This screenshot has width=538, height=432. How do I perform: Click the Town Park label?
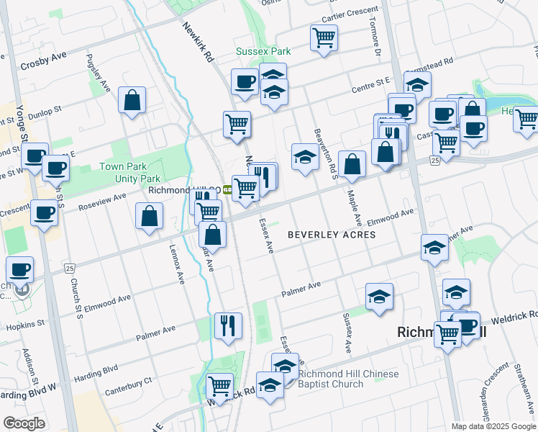click(119, 166)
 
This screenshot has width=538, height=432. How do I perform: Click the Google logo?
click(24, 423)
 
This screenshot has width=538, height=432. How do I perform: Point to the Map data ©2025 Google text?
click(493, 426)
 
